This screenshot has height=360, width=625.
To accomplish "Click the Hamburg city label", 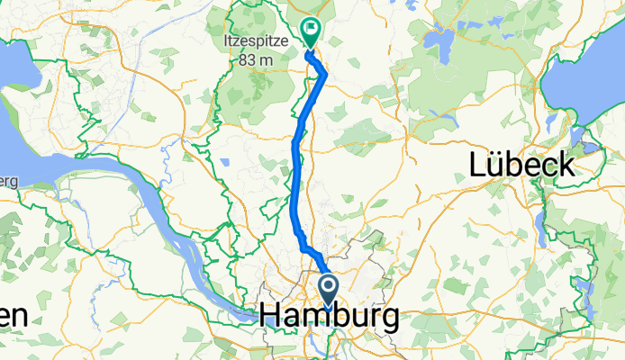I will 330,317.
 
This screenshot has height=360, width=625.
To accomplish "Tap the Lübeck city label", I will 522,165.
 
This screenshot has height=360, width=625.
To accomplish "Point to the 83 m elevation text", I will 255,60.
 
